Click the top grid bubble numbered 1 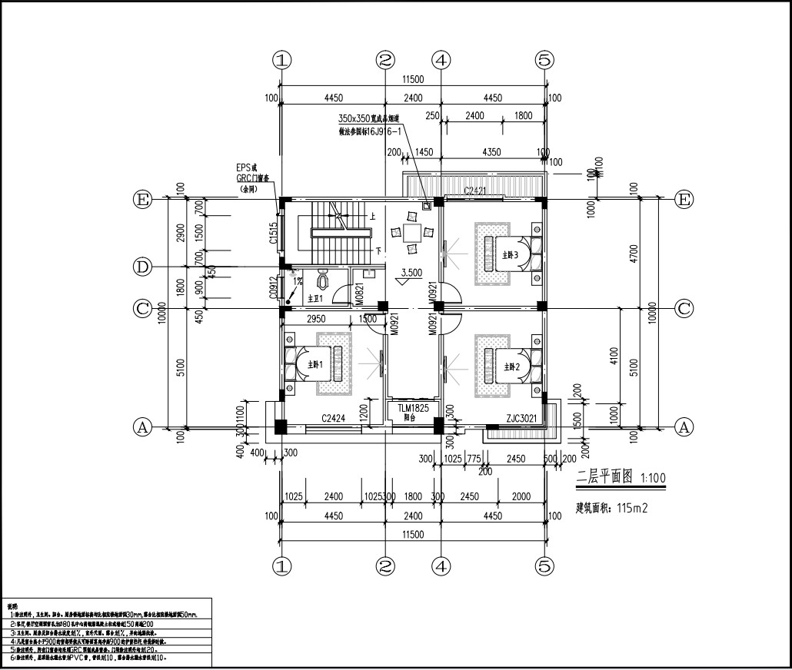coord(283,59)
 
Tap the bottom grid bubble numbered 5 coord(544,566)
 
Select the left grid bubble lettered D coord(141,267)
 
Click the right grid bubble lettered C coord(684,309)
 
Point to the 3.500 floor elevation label coord(412,272)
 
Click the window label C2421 coord(478,190)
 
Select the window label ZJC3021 coord(523,420)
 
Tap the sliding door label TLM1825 coord(413,409)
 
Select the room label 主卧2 coord(512,367)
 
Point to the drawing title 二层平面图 coord(604,477)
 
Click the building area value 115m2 coord(628,508)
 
